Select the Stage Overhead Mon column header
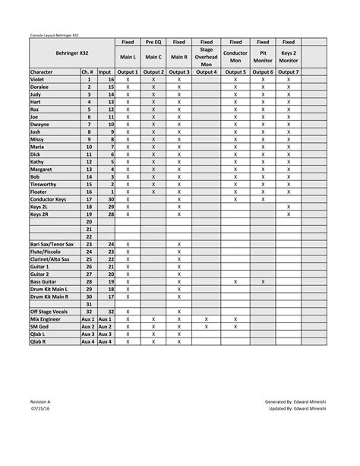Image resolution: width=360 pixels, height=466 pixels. click(206, 56)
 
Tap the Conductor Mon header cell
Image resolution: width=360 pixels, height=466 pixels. click(235, 56)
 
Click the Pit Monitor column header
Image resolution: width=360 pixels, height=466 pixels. click(263, 56)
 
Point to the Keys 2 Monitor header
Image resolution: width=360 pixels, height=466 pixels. click(289, 56)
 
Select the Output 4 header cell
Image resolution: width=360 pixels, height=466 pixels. click(206, 71)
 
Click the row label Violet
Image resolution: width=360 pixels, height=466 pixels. click(38, 79)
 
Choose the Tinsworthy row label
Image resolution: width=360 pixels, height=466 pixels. click(45, 184)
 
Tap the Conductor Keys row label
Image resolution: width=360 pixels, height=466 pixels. click(49, 199)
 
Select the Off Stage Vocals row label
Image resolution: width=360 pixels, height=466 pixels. click(49, 312)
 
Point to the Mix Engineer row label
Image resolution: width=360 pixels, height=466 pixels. click(46, 319)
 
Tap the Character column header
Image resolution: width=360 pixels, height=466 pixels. click(45, 71)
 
